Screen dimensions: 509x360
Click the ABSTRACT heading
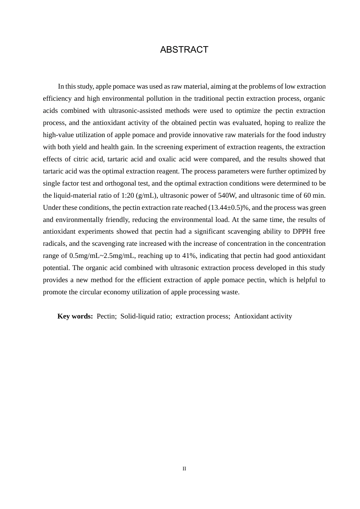click(184, 50)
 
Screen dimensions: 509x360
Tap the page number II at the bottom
click(184, 469)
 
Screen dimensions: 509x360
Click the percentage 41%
click(188, 256)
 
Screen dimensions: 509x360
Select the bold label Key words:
click(75, 316)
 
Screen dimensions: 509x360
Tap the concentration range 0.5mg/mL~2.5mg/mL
click(102, 256)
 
